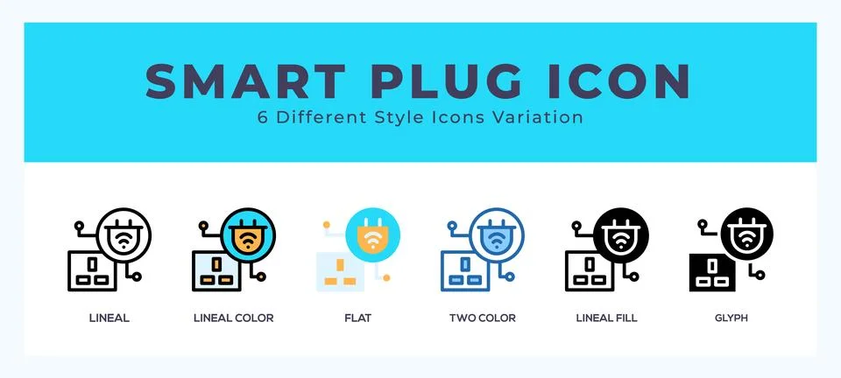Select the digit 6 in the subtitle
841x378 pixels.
pyautogui.click(x=263, y=117)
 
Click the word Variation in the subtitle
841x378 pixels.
pyautogui.click(x=542, y=117)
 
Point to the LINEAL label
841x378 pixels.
pyautogui.click(x=110, y=318)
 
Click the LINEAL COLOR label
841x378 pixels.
pyautogui.click(x=233, y=318)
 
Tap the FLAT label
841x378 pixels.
pyautogui.click(x=357, y=318)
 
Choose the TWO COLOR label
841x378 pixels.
pyautogui.click(x=482, y=318)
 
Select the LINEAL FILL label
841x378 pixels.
pyautogui.click(x=605, y=318)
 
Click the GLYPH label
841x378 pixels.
pyautogui.click(x=730, y=318)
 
